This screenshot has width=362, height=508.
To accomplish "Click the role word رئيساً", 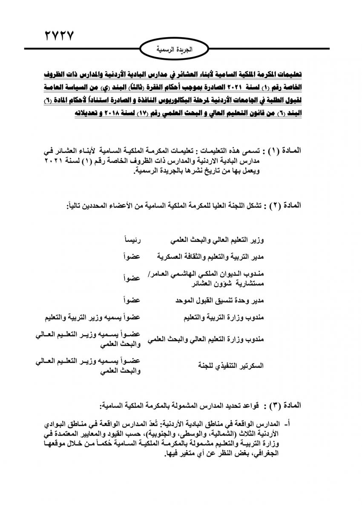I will click(x=132, y=241).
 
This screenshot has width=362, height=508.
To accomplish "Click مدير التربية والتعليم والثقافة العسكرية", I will click(x=210, y=257).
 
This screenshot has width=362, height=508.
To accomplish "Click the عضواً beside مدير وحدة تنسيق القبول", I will click(x=132, y=301).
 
